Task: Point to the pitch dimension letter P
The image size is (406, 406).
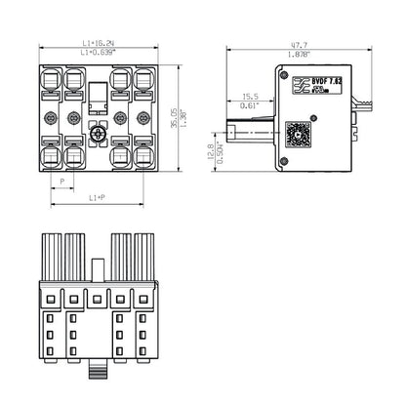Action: (x=61, y=182)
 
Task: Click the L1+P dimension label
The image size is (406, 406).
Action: (x=97, y=198)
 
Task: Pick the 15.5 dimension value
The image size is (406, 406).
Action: (x=251, y=97)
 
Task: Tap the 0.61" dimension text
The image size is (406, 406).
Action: (x=251, y=105)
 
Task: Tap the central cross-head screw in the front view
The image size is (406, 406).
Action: (x=97, y=134)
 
